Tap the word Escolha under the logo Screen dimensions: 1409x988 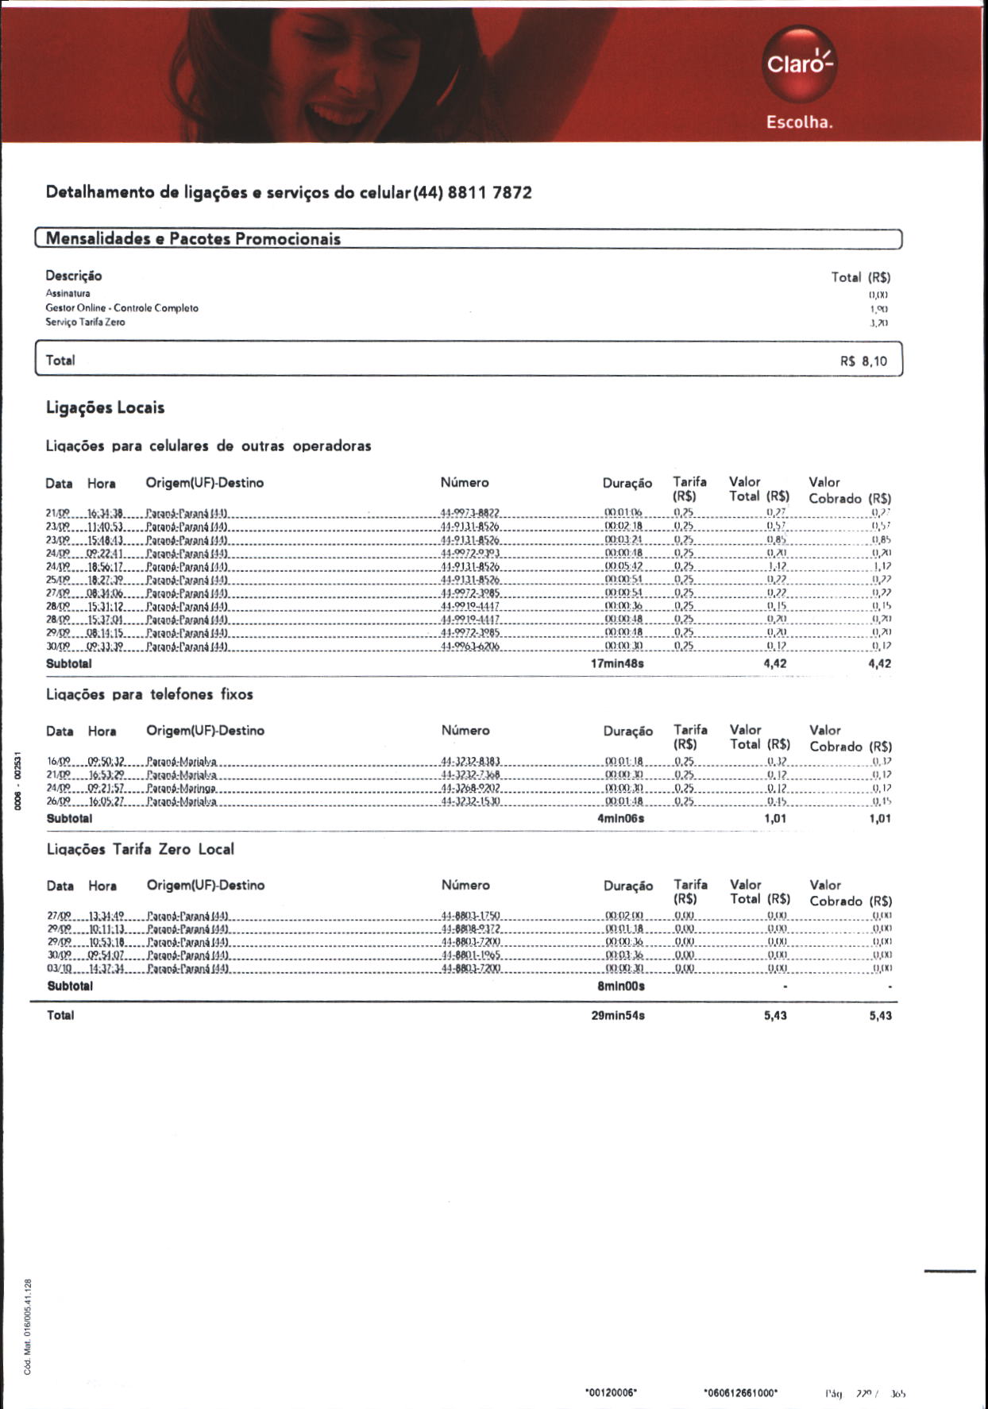[799, 122]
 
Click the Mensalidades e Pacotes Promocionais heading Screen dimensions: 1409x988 [193, 239]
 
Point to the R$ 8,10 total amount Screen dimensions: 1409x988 [863, 361]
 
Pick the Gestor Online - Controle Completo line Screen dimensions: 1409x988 [122, 308]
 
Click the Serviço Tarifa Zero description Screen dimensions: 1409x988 [85, 322]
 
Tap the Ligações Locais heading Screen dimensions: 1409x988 [106, 408]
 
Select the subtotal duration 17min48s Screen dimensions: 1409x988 [617, 663]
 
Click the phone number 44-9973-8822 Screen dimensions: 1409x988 [469, 513]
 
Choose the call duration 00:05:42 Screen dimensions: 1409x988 [623, 566]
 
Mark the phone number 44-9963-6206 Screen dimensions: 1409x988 [469, 647]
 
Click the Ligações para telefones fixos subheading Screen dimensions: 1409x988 [149, 695]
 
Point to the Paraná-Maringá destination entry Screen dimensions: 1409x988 [182, 788]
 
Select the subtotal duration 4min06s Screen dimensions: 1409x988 [620, 818]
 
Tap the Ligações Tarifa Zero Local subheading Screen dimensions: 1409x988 [141, 850]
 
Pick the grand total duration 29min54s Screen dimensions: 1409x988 [618, 1016]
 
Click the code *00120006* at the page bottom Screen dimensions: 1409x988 [611, 1392]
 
